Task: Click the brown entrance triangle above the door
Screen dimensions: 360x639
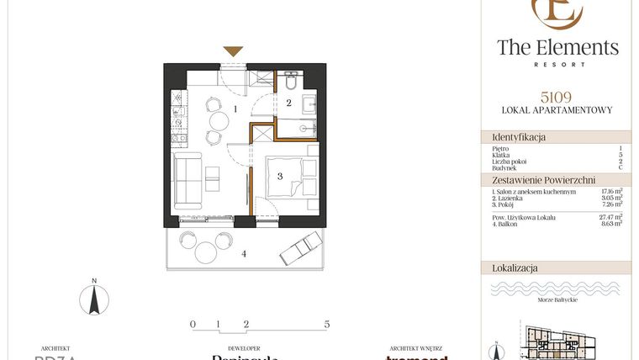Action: tap(233, 52)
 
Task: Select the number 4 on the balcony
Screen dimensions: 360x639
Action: tap(244, 253)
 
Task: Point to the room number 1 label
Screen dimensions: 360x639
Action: tap(237, 109)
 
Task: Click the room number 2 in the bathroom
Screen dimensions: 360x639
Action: tap(288, 104)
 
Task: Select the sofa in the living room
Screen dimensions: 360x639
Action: tap(186, 182)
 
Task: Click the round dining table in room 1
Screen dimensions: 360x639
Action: tap(217, 122)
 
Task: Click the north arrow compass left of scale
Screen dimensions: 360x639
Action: tap(95, 299)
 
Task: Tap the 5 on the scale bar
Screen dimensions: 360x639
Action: tap(326, 324)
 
